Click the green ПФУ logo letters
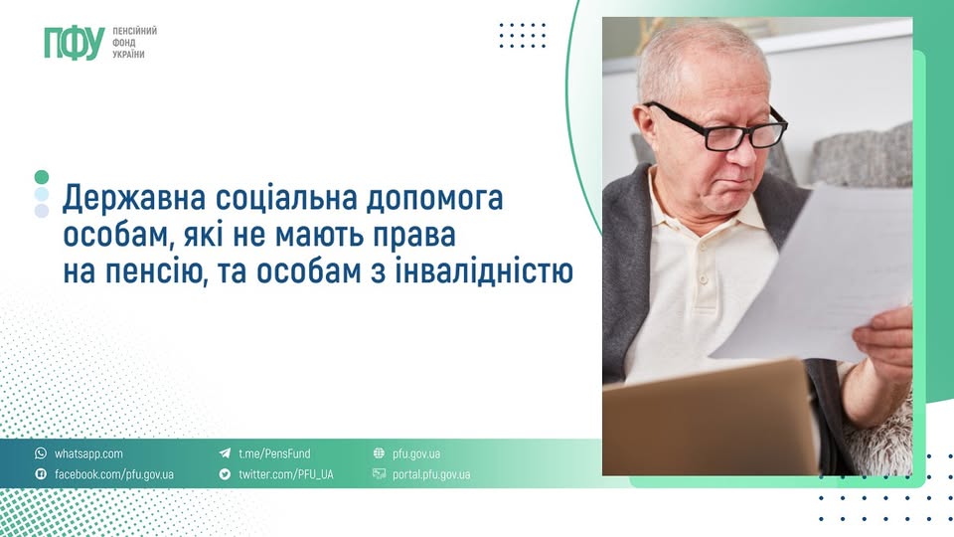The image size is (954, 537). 73,42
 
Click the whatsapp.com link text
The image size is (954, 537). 88,453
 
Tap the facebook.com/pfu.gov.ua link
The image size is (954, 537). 113,474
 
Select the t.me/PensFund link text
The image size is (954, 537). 274,453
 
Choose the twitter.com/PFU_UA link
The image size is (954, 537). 285,474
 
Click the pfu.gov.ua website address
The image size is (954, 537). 416,453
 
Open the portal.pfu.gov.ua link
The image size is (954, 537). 431,474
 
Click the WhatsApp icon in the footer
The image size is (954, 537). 41,453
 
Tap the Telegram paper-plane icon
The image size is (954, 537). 225,453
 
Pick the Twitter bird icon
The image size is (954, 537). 225,474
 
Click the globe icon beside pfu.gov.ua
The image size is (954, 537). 379,453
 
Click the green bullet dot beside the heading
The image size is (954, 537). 41,176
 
